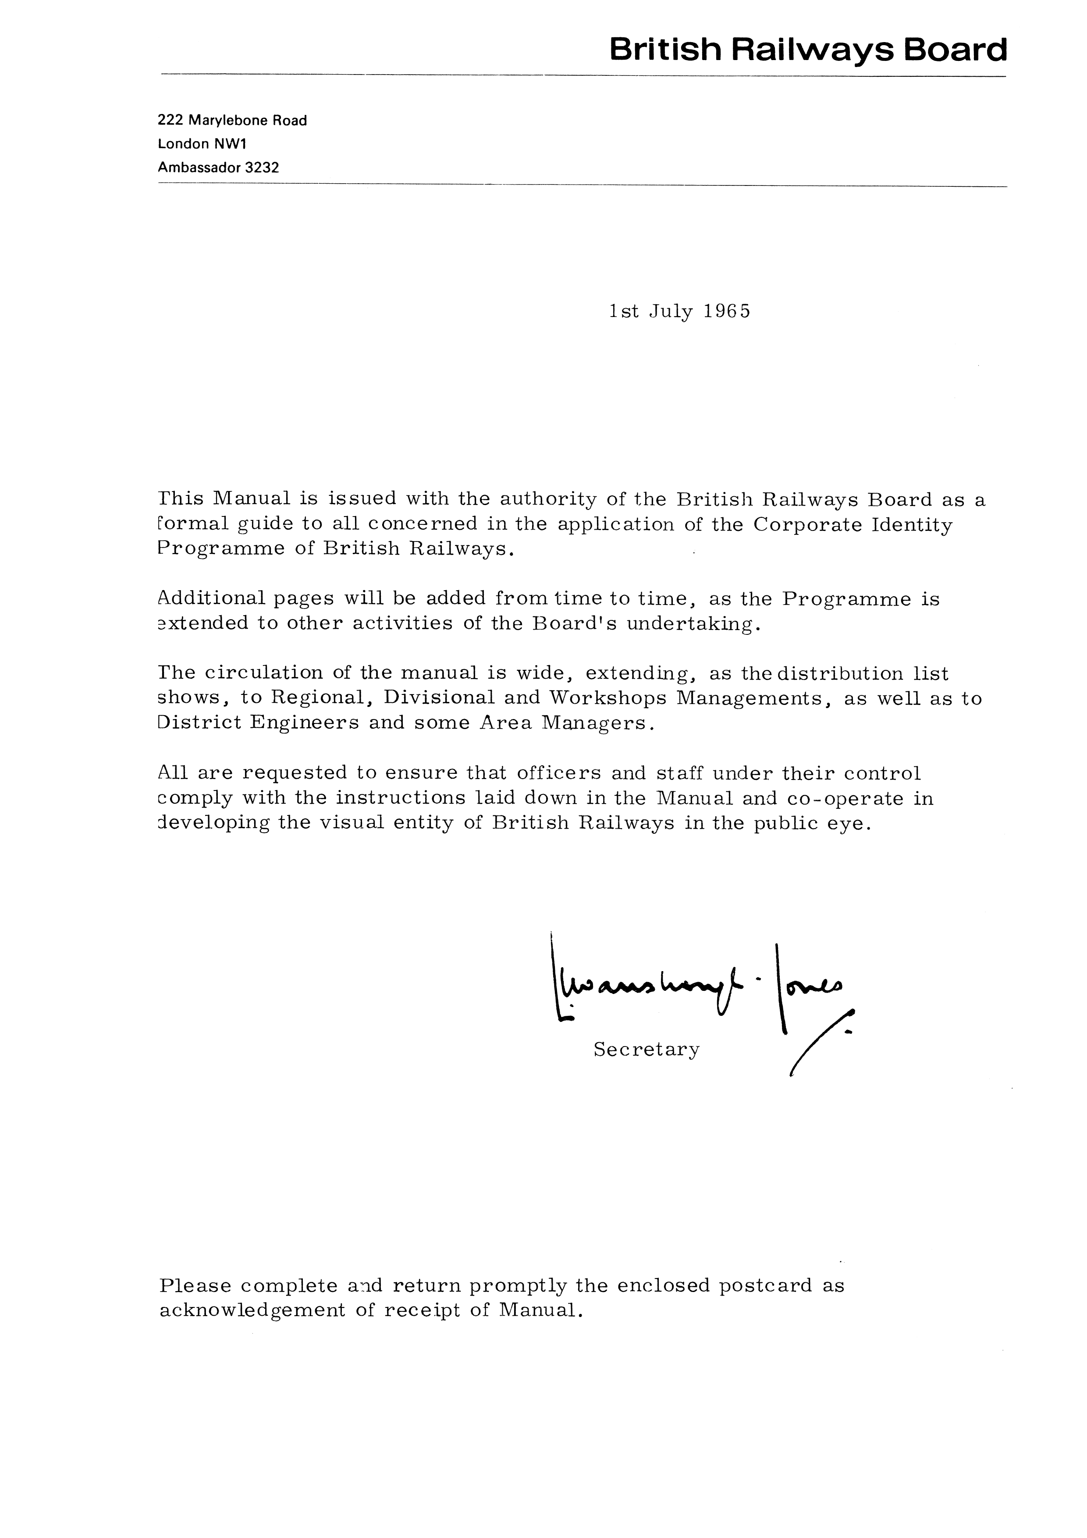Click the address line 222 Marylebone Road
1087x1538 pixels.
232,121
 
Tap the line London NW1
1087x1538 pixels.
202,144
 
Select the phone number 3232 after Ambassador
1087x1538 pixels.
262,167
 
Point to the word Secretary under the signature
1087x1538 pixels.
647,1050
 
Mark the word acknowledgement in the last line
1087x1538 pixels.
252,1311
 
